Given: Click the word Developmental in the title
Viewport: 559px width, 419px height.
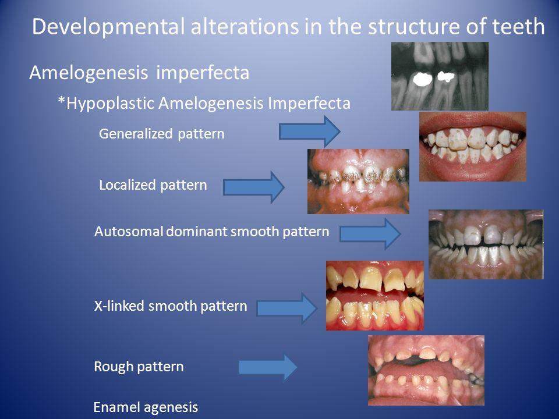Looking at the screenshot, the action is click(108, 27).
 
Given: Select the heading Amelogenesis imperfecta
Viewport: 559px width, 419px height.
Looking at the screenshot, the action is click(139, 73).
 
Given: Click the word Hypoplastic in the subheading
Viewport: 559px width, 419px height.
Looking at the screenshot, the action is click(111, 104).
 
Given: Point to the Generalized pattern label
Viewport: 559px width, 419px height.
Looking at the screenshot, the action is click(161, 134).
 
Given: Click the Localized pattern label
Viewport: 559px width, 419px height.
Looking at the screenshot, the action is click(153, 185).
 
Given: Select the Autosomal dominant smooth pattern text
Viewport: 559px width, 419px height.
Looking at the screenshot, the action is click(211, 232).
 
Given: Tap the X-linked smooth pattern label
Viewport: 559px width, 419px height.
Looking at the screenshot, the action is click(171, 306).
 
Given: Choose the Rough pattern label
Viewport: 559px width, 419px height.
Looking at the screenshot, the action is click(139, 367).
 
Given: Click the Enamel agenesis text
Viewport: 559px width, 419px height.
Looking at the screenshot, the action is click(146, 407).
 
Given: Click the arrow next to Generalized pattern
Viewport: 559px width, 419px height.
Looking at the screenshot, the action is click(309, 132).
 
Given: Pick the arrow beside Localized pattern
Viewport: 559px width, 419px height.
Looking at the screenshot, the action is click(254, 187).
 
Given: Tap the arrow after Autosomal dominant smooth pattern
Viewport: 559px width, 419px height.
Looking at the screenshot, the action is click(370, 234).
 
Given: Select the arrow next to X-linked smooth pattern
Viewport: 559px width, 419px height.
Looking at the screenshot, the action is click(287, 308).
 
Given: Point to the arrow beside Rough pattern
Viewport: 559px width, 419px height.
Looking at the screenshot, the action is click(268, 367).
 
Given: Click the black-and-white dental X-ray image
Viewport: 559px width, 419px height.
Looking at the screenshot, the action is click(440, 76).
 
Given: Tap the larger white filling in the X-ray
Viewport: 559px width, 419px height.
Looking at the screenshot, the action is click(422, 79).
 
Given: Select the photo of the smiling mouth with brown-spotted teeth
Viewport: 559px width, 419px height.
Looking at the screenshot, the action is click(473, 147).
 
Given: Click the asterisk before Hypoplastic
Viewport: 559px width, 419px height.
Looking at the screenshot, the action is click(61, 101).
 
